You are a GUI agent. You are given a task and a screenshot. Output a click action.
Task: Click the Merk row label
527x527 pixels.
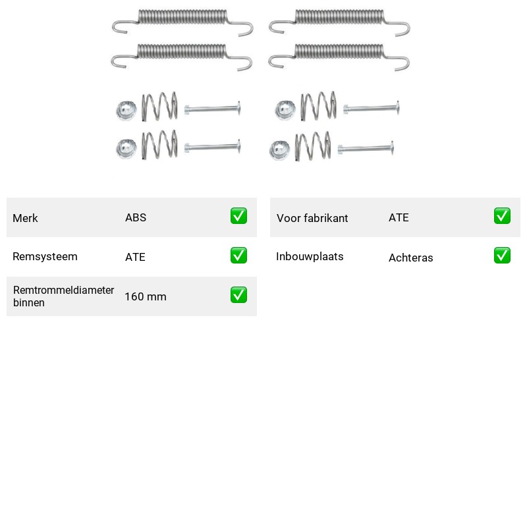pyautogui.click(x=25, y=218)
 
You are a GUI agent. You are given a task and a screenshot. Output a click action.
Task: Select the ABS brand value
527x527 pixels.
pyautogui.click(x=136, y=217)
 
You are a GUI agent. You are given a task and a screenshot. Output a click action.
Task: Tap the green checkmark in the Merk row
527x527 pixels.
pyautogui.click(x=238, y=216)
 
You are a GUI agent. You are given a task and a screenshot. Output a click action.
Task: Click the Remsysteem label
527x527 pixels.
pyautogui.click(x=45, y=256)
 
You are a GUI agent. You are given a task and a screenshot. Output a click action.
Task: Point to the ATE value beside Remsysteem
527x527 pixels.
pyautogui.click(x=135, y=257)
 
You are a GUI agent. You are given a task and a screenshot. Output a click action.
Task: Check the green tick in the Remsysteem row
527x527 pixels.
pyautogui.click(x=238, y=256)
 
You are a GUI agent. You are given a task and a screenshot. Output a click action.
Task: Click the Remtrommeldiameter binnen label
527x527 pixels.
pyautogui.click(x=63, y=296)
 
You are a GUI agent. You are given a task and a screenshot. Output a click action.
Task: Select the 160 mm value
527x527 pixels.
pyautogui.click(x=146, y=296)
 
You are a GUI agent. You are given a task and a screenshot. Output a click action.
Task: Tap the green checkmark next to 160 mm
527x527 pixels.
pyautogui.click(x=238, y=294)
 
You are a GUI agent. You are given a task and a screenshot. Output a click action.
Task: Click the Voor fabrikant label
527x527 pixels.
pyautogui.click(x=312, y=218)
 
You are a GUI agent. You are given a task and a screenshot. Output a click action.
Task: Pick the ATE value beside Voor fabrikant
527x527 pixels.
pyautogui.click(x=399, y=217)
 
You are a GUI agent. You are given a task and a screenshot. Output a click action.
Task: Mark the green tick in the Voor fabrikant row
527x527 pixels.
pyautogui.click(x=502, y=216)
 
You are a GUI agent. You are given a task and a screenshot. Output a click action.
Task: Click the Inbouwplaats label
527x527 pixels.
pyautogui.click(x=310, y=256)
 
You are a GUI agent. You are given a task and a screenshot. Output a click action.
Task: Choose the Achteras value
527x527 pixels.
pyautogui.click(x=410, y=258)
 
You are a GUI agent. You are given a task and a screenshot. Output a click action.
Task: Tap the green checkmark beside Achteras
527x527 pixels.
pyautogui.click(x=502, y=256)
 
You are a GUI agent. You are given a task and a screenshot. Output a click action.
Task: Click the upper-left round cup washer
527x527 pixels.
pyautogui.click(x=126, y=111)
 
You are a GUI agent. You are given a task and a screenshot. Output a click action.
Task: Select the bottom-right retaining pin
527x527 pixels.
pyautogui.click(x=366, y=148)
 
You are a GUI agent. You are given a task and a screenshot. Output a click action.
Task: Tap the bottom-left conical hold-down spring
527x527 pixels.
pyautogui.click(x=159, y=144)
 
